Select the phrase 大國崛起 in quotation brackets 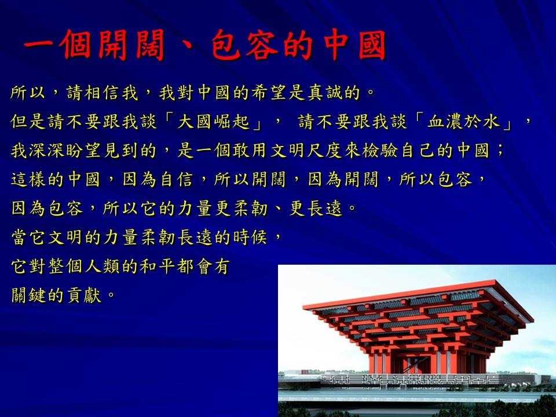point(213,122)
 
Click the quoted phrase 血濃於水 point(463,122)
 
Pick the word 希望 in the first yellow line point(269,93)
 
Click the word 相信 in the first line point(103,93)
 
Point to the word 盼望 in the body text point(83,151)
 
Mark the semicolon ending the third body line point(500,151)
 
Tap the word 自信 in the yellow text point(176,180)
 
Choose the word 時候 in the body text point(250,237)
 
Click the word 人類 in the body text point(102,266)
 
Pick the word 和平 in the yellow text point(158,266)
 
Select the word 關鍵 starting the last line point(29,295)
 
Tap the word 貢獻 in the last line point(85,295)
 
